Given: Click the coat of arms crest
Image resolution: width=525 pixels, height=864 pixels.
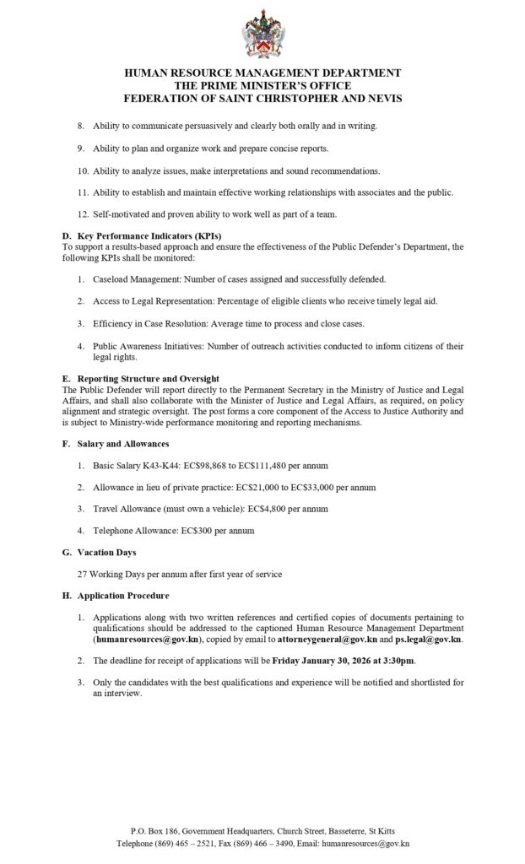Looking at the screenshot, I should (x=262, y=34).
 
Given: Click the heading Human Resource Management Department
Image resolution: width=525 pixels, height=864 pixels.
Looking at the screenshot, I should (x=262, y=73).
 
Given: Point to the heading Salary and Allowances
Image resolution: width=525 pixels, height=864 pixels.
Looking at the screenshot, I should (x=123, y=444).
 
